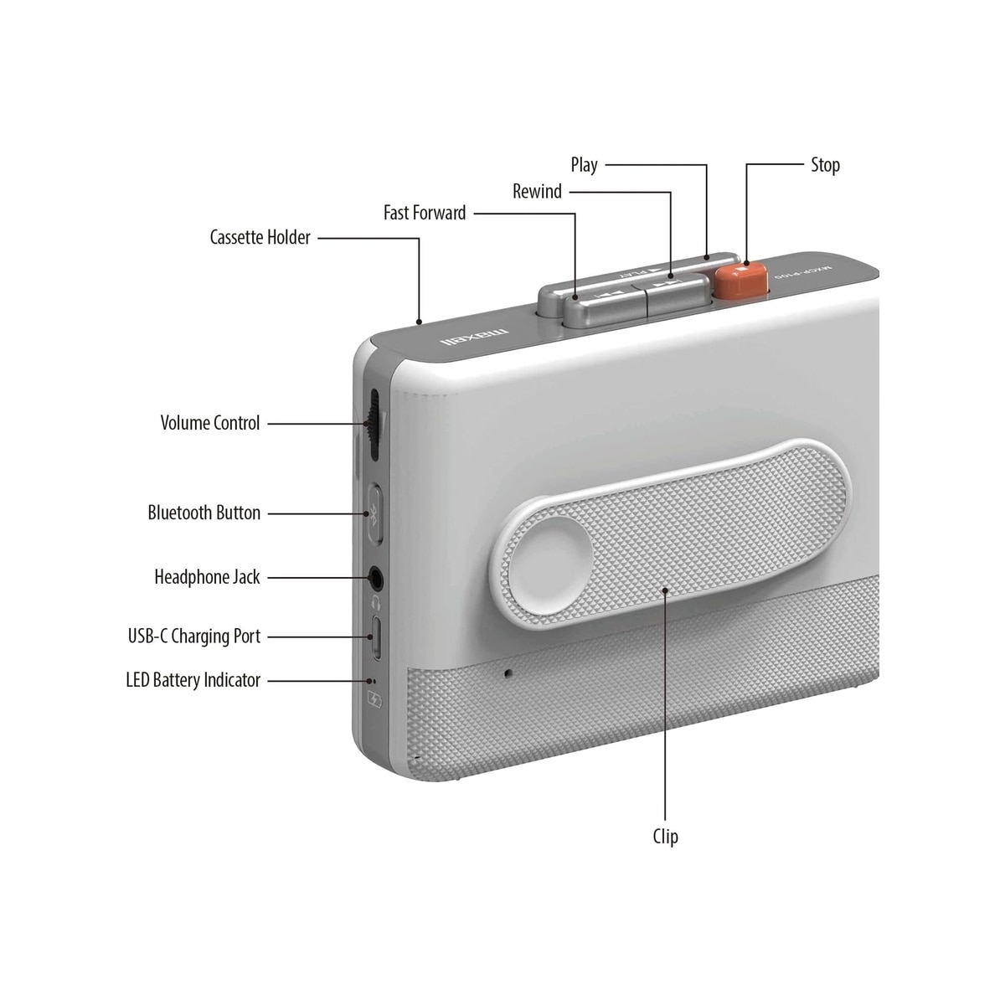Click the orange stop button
[741, 281]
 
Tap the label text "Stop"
[825, 165]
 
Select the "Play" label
[584, 165]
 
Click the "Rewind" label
[537, 192]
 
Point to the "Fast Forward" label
[425, 213]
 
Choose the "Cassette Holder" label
[260, 237]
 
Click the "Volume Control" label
[209, 423]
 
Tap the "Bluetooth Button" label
[204, 513]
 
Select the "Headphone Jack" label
[207, 577]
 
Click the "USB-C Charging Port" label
[194, 636]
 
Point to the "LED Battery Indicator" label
[193, 680]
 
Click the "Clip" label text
[666, 837]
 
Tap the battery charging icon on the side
[374, 700]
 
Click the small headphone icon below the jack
[375, 603]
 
